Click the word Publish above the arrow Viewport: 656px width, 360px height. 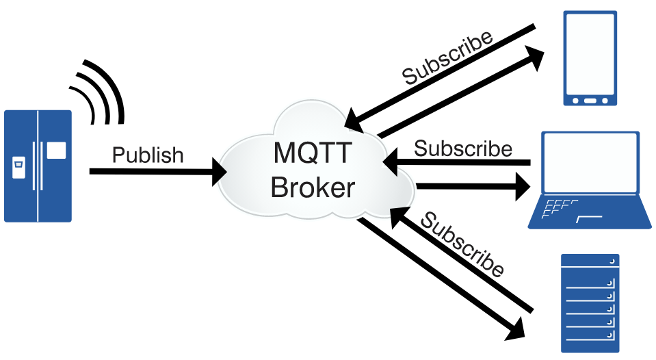tap(148, 155)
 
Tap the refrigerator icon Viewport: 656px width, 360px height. tap(38, 166)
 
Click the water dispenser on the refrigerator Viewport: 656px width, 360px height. tap(18, 164)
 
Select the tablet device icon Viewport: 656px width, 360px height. tap(590, 58)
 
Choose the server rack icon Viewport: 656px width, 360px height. tap(590, 303)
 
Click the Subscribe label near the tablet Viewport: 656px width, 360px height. tap(447, 57)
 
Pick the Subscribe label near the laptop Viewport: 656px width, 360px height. tap(463, 148)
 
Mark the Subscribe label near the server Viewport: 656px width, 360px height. tap(462, 244)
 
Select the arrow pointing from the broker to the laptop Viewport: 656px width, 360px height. tap(472, 185)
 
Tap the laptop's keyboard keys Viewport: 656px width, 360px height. tap(559, 208)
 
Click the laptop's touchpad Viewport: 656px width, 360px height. tap(589, 218)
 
